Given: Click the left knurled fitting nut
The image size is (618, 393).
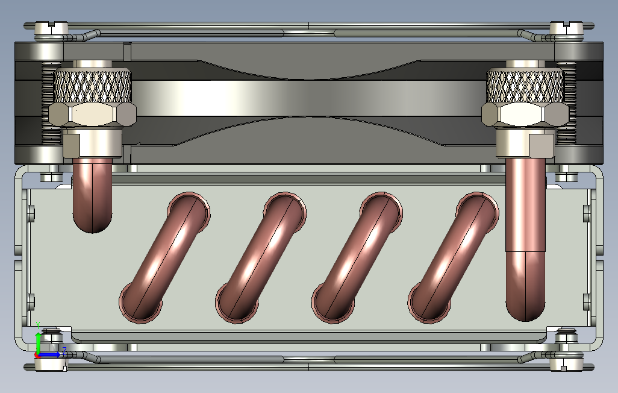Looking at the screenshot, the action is (x=92, y=86).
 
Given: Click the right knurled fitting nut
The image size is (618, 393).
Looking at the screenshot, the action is (x=525, y=86).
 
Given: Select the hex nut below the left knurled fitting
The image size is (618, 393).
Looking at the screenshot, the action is (x=92, y=115).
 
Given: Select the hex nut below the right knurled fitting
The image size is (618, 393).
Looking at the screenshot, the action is (x=525, y=115).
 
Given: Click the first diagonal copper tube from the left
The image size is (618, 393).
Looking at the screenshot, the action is (x=164, y=258).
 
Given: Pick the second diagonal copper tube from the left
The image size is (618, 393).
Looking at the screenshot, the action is (x=261, y=258).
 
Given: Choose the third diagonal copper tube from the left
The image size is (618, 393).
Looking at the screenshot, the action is (x=357, y=258).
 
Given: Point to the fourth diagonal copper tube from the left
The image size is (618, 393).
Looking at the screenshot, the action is (x=453, y=258).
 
